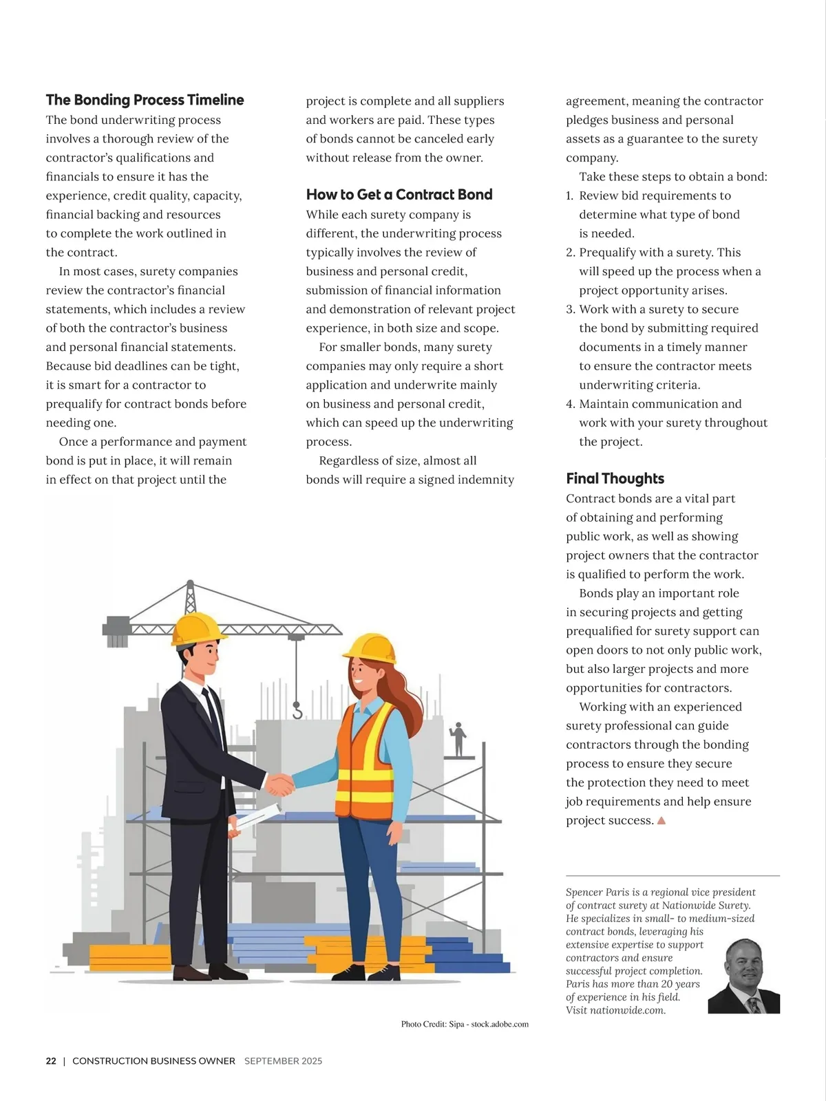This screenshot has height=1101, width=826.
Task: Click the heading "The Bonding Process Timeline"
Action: click(145, 100)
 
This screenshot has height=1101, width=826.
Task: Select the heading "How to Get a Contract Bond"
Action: click(399, 195)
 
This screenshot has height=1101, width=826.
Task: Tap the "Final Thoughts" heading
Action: click(615, 479)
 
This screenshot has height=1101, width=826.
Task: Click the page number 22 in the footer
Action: click(51, 1061)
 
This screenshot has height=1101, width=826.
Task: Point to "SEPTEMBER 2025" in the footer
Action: click(283, 1061)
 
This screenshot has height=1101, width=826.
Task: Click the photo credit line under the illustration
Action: click(465, 1025)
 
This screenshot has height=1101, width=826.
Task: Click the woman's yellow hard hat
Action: click(370, 648)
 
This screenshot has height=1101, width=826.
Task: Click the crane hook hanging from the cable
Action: click(297, 709)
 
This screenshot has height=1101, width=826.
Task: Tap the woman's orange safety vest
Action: click(365, 757)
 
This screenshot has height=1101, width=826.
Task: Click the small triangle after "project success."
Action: click(661, 820)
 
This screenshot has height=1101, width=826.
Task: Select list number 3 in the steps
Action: click(570, 310)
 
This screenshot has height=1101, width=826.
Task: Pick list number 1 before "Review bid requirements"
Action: click(569, 196)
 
